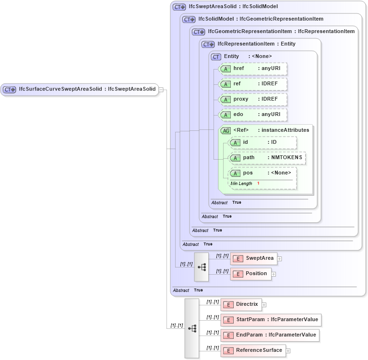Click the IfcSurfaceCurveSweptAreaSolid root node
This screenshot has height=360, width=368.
tap(80, 89)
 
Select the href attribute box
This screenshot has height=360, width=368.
tap(253, 69)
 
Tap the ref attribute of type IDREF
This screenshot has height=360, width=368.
tap(253, 84)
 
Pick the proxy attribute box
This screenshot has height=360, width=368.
tap(253, 99)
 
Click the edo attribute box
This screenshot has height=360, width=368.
tap(253, 115)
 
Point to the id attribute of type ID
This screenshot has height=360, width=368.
tap(262, 142)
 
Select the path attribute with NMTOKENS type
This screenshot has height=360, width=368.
tap(267, 158)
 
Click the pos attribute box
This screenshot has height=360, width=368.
tap(262, 173)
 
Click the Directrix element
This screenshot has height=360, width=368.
tap(241, 304)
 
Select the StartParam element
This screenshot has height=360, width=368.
tap(270, 320)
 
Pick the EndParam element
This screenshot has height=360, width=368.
tap(270, 335)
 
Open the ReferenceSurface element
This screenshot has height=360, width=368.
tap(253, 350)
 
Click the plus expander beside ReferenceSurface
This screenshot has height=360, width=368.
tap(288, 351)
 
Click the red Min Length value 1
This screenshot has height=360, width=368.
tap(258, 184)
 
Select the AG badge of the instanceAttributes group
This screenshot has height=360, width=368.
tap(226, 130)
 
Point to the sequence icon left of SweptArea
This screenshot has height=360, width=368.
tap(202, 267)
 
